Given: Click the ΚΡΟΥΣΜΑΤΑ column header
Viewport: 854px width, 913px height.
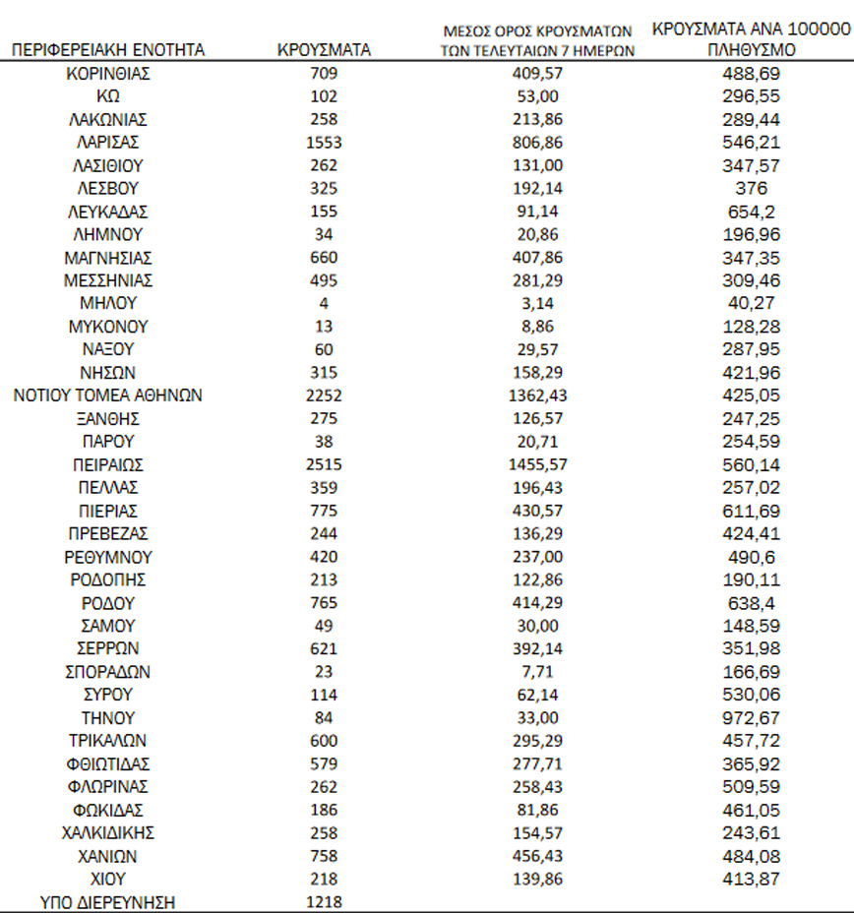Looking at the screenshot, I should coord(324,50).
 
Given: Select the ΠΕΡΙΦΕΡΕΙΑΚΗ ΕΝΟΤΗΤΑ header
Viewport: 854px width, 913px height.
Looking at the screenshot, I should coord(108,50).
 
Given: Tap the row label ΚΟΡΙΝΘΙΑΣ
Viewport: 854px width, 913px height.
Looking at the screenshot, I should coord(108,74).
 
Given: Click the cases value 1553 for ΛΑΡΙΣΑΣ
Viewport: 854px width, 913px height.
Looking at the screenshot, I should coord(324,143).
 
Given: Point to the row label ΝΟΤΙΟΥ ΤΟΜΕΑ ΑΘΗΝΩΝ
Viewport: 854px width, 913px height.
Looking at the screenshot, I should coord(108,396).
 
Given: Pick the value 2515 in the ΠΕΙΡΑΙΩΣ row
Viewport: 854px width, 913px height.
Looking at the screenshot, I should coord(324,464).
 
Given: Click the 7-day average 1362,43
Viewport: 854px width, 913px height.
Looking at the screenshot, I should coord(538,396).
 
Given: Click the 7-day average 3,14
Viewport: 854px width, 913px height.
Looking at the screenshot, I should coord(538,303).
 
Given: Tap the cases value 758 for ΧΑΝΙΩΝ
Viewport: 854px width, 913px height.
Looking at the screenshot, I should coord(324,856).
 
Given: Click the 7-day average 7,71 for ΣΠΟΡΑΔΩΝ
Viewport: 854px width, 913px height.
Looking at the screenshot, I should coord(538,672).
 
